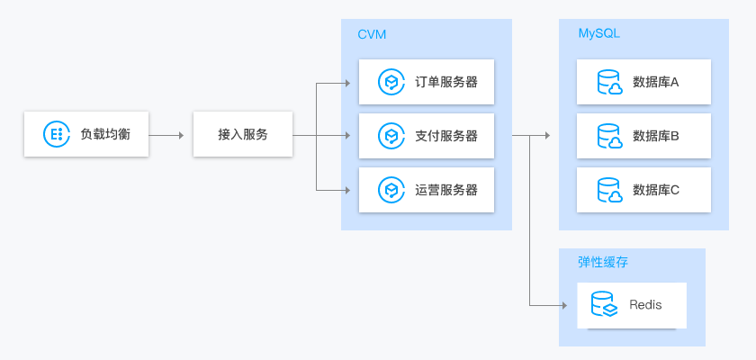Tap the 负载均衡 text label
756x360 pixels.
(105, 134)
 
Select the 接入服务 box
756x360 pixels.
(242, 134)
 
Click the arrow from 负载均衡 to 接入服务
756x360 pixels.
(166, 135)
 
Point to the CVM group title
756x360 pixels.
(372, 34)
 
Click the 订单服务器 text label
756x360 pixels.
(445, 83)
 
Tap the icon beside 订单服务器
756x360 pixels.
(391, 83)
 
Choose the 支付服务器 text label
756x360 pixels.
(445, 137)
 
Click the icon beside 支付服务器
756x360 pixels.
(391, 137)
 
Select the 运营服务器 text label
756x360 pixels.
(445, 190)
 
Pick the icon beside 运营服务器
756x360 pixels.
(391, 190)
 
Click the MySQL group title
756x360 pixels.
(598, 33)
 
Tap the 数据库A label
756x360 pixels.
(656, 83)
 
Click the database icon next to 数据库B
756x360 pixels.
(610, 137)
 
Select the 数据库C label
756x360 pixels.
(656, 190)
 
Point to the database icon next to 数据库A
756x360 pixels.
(610, 83)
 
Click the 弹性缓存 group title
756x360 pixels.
(602, 263)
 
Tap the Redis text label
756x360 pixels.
(645, 305)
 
